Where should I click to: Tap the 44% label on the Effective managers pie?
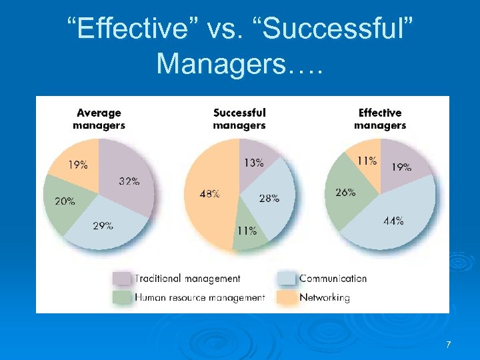[x=393, y=221]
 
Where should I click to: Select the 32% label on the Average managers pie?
[x=129, y=181]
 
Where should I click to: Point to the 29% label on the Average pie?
[x=103, y=225]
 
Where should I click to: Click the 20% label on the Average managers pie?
[x=65, y=201]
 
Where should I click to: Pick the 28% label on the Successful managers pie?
[x=269, y=198]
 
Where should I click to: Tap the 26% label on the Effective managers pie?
[x=345, y=192]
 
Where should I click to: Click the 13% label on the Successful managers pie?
[x=253, y=162]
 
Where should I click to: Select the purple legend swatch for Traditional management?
[x=121, y=279]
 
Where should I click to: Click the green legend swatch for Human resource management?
[x=121, y=297]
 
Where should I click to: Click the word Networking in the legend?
[x=325, y=297]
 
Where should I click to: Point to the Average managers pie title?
[x=99, y=119]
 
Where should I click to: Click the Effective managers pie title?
[x=380, y=119]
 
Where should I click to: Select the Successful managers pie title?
[x=239, y=119]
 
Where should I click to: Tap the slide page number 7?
[x=448, y=345]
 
